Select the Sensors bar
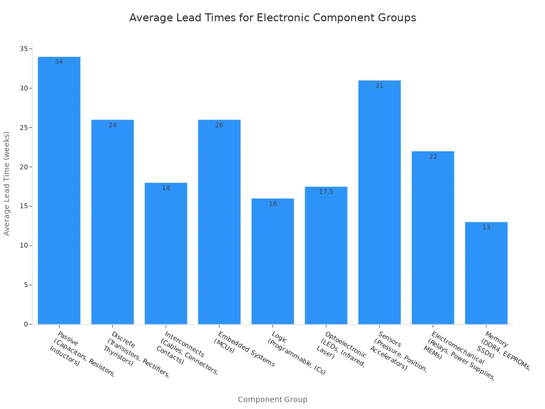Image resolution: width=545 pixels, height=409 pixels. pos(379,202)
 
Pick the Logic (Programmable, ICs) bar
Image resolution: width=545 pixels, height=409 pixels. pos(272,261)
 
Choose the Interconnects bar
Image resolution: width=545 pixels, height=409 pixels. pos(166,253)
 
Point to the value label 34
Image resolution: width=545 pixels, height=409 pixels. pos(59,62)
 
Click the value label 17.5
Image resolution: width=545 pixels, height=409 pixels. pos(326,192)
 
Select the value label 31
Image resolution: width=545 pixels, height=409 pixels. pos(379,86)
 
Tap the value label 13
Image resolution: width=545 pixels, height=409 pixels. pos(486,227)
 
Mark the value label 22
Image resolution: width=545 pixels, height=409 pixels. pos(433,157)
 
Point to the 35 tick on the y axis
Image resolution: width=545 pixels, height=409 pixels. pos(24,49)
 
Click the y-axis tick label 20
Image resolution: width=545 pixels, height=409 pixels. pos(24,167)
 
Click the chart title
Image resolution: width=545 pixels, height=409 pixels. pos(272,18)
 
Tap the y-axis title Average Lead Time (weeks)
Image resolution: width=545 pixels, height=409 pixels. pos(7,183)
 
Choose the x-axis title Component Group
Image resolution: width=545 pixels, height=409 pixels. pos(272,399)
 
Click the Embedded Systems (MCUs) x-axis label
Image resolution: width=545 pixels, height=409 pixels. pos(244,349)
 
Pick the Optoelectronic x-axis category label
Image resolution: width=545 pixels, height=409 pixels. pos(341,349)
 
